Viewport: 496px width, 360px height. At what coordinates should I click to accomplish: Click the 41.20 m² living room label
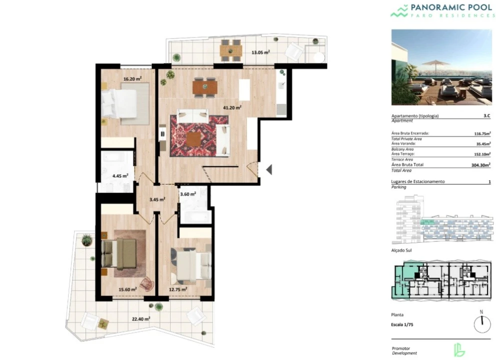[232, 108]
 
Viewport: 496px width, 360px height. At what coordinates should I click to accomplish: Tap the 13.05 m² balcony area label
[261, 52]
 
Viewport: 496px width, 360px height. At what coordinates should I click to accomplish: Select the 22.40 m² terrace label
[141, 319]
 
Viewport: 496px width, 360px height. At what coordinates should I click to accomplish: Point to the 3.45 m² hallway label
[157, 199]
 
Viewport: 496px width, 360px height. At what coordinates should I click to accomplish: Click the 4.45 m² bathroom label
[120, 175]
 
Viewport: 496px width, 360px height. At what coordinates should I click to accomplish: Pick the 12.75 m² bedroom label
[178, 289]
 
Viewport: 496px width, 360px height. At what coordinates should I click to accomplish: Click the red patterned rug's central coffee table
[194, 139]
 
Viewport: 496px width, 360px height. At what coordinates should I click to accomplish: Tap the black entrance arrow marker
[269, 169]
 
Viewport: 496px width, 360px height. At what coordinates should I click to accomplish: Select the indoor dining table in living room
[205, 87]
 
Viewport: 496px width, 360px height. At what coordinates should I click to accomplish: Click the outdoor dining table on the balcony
[231, 50]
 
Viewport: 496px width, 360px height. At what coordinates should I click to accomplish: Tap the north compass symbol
[482, 323]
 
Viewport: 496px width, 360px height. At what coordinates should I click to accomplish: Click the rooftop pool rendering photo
[441, 67]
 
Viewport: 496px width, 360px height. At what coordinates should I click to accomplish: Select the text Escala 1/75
[402, 324]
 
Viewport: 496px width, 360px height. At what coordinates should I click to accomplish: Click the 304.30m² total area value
[481, 165]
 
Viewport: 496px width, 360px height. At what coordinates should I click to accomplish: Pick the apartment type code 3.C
[487, 116]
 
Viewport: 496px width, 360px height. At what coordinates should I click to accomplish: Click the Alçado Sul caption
[402, 250]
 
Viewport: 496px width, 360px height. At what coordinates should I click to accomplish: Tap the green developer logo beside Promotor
[459, 350]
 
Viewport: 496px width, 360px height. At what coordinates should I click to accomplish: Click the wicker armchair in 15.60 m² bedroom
[147, 283]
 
